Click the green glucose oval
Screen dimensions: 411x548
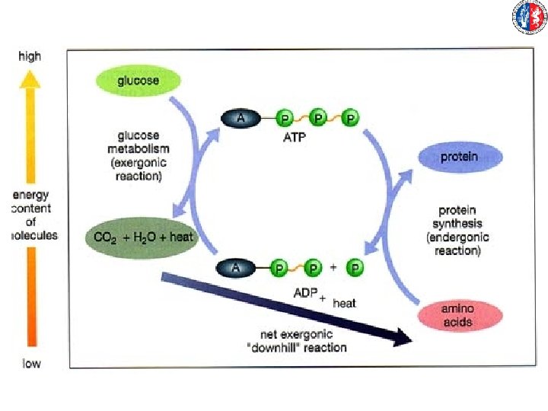click(x=138, y=80)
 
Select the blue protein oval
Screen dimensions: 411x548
click(x=460, y=158)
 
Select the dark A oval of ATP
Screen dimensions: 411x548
click(x=241, y=118)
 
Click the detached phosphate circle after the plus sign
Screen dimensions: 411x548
click(x=355, y=268)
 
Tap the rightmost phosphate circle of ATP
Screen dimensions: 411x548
click(x=350, y=118)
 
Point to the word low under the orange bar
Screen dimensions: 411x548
click(x=30, y=363)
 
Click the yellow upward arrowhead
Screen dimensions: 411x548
click(x=30, y=78)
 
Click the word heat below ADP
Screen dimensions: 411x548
click(x=344, y=303)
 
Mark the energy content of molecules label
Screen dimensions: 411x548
click(x=32, y=215)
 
